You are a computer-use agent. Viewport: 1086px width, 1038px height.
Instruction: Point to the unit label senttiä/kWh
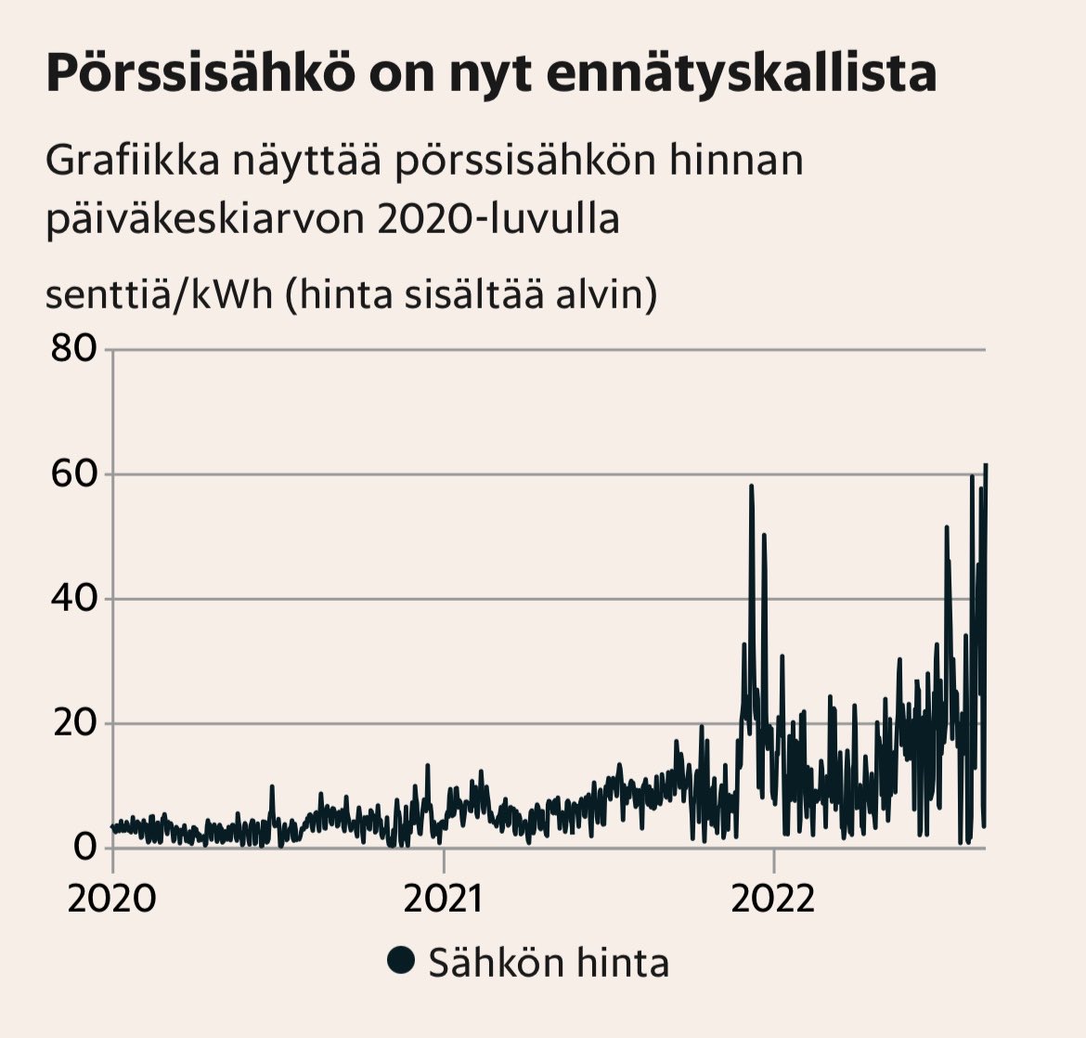[x=159, y=294]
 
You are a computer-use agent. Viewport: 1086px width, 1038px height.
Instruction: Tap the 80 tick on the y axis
[x=74, y=349]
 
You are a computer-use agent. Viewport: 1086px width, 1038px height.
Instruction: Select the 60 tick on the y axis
[x=74, y=474]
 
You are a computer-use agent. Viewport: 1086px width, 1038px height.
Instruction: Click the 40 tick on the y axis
[x=74, y=599]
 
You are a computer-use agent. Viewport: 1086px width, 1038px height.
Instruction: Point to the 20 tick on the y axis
[x=74, y=723]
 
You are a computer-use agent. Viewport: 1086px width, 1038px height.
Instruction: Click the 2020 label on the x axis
[x=112, y=899]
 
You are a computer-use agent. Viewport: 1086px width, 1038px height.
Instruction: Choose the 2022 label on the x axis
[x=773, y=899]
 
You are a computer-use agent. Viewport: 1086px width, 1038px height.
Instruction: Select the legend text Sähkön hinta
[x=548, y=962]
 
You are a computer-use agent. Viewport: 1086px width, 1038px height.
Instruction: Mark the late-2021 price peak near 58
[x=751, y=487]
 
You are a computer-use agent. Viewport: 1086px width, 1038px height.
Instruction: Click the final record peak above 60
[x=986, y=464]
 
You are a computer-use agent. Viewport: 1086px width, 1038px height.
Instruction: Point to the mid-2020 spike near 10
[x=272, y=786]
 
